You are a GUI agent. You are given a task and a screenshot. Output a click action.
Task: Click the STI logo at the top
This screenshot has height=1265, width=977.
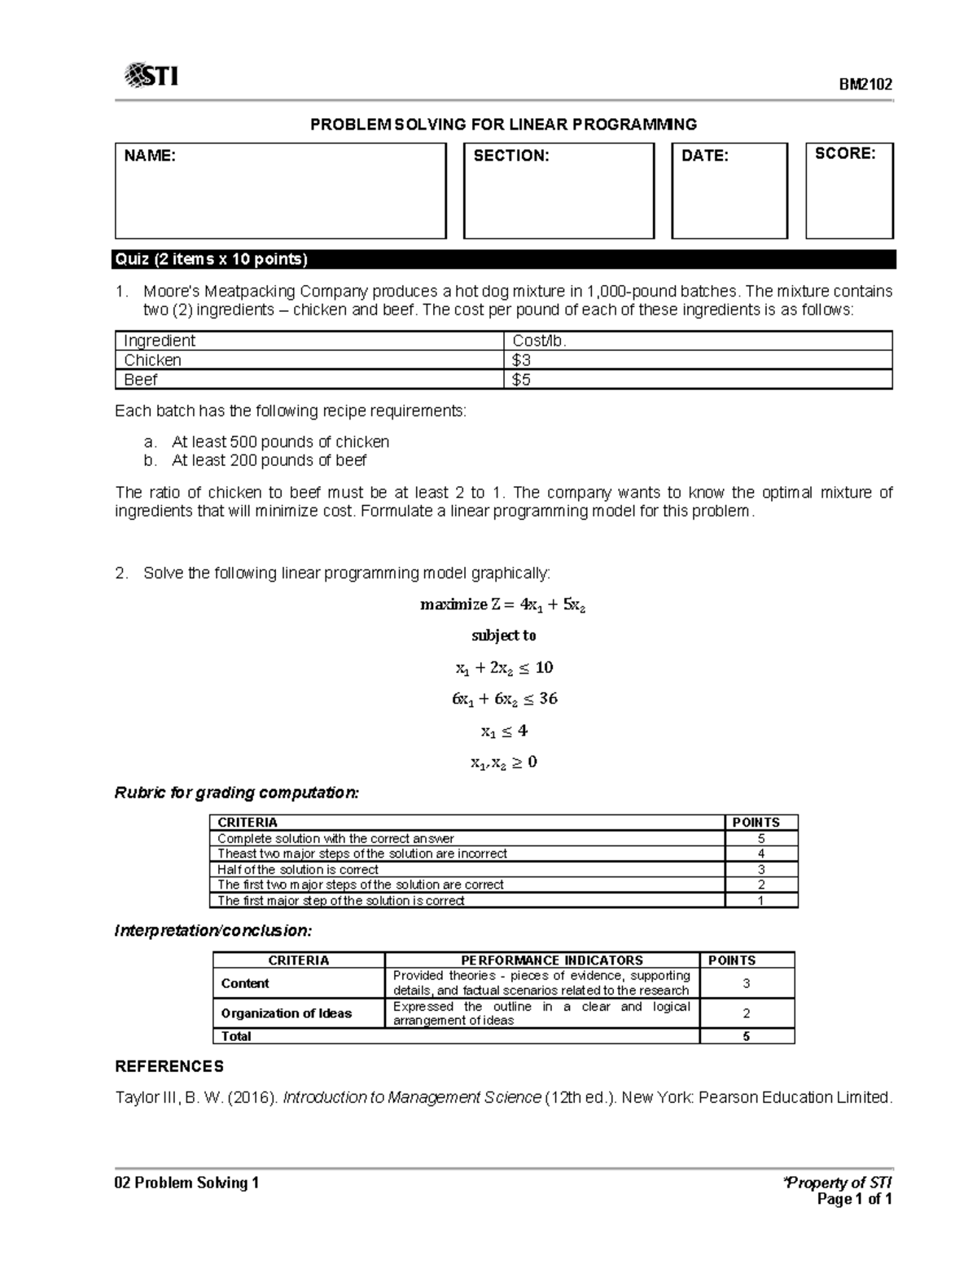click(151, 77)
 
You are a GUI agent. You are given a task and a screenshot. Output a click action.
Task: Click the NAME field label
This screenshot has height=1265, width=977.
click(150, 156)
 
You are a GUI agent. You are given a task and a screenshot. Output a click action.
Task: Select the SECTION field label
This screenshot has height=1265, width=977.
click(511, 156)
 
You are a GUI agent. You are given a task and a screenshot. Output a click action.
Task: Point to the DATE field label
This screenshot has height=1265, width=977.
click(704, 156)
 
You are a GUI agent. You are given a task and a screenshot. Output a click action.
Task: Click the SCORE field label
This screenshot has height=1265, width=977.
click(845, 154)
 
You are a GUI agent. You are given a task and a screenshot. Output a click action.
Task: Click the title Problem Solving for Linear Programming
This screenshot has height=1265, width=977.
click(503, 125)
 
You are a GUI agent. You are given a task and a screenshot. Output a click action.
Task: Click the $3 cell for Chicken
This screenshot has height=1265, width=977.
click(521, 360)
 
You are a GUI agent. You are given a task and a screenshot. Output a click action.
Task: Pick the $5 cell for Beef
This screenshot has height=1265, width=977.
click(521, 380)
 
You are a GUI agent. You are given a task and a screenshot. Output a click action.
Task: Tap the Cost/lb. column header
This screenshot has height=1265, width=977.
click(538, 340)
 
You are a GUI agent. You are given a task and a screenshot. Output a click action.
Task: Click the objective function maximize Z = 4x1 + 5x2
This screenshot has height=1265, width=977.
click(503, 605)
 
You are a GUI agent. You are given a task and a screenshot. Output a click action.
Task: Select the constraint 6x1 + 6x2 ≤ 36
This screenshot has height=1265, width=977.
click(504, 699)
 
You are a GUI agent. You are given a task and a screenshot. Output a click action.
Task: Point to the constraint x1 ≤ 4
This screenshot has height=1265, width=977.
click(504, 731)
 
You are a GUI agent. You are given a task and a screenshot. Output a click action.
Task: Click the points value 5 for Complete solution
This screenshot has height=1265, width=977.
click(760, 838)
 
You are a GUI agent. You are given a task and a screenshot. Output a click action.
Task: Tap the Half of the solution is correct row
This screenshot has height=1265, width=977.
click(297, 869)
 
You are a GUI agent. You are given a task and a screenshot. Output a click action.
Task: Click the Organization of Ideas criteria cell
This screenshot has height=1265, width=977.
click(287, 1013)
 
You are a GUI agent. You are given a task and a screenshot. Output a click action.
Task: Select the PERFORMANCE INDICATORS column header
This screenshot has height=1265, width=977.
click(541, 960)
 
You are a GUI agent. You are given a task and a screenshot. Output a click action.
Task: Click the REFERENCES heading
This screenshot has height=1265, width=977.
click(169, 1066)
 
